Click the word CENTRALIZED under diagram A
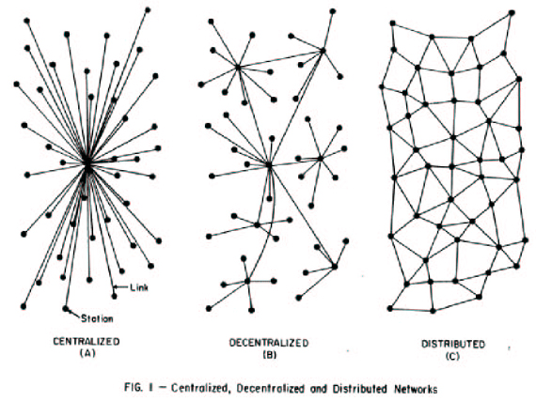pos(87,341)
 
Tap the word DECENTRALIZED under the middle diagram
pos(269,343)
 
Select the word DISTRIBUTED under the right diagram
pos(453,344)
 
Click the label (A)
pos(87,353)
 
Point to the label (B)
pos(269,355)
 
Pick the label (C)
pos(452,356)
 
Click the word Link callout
pos(139,287)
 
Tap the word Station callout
pos(97,318)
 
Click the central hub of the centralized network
pos(87,164)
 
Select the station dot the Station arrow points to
pos(65,308)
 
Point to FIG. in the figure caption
pos(132,388)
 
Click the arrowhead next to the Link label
pos(116,287)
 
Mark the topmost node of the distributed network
pos(512,12)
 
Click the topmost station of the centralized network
pos(148,10)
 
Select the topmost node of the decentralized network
pos(333,11)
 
